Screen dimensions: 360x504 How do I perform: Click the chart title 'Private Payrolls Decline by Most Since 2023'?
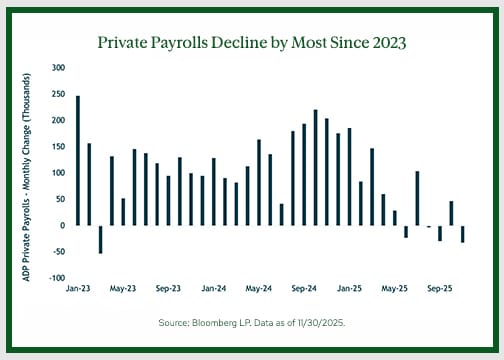[251, 44]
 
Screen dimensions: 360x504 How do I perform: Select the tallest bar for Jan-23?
[78, 160]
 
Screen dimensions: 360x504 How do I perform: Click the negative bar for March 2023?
[100, 239]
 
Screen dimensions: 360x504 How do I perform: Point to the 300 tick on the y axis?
[58, 68]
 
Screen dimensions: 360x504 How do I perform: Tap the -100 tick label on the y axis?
[57, 278]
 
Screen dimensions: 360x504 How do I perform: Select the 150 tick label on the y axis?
[58, 147]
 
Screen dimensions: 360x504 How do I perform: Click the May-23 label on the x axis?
[122, 287]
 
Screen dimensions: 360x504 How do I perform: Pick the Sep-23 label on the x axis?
[168, 287]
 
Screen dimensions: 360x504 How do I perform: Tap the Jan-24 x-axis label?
[213, 287]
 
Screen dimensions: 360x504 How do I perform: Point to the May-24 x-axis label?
[258, 287]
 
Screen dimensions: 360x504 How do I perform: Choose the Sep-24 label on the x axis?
[304, 287]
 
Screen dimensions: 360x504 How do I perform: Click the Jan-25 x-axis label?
[349, 287]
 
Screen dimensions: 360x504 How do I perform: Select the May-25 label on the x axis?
[394, 287]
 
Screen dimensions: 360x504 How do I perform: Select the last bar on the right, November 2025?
[462, 234]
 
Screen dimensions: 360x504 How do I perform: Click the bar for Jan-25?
[349, 176]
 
